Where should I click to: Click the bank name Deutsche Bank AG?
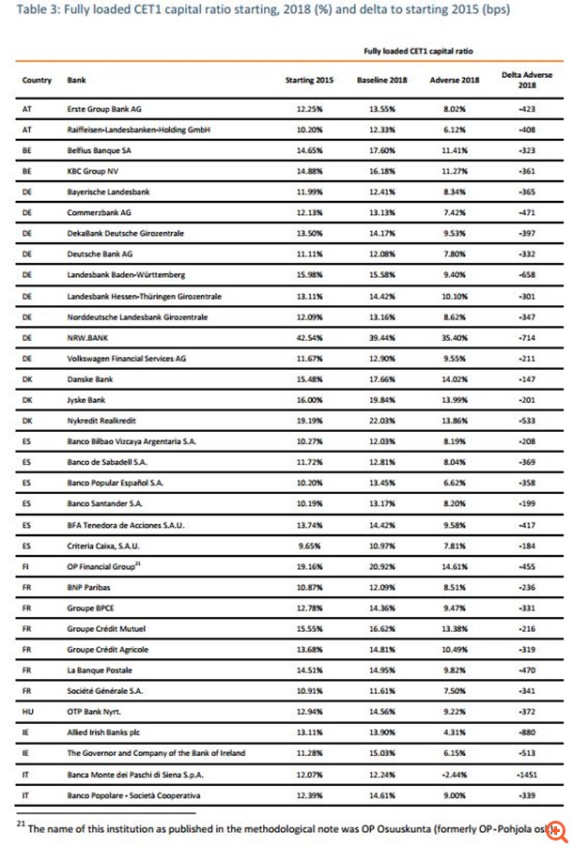click(101, 253)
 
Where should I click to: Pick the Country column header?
click(37, 81)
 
